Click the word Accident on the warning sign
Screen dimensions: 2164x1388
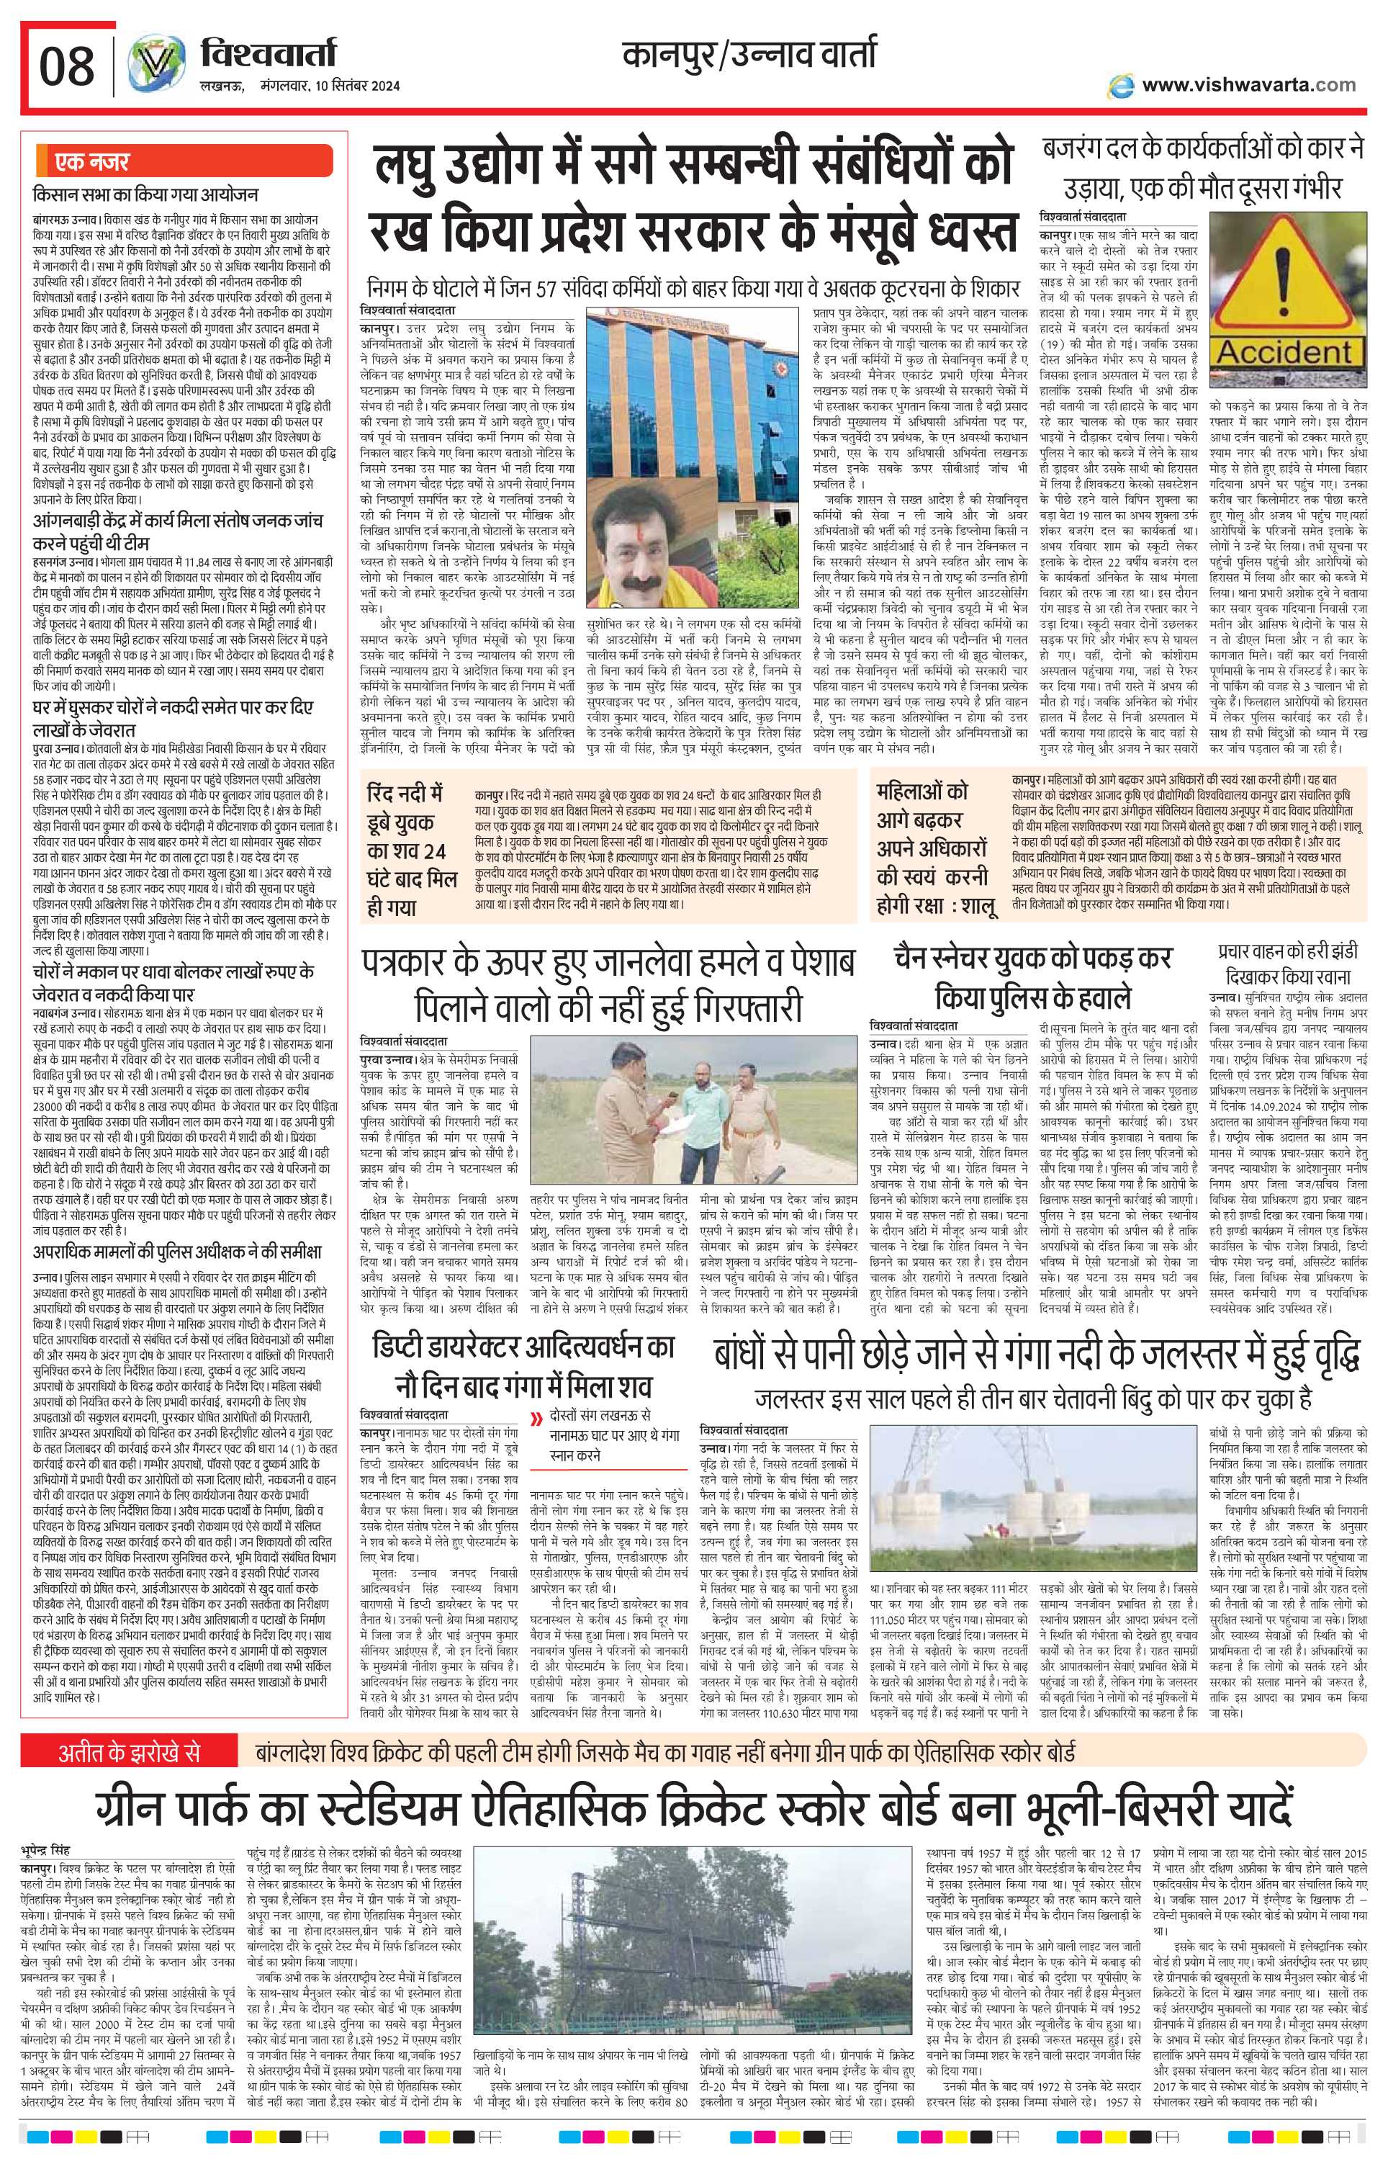[1284, 351]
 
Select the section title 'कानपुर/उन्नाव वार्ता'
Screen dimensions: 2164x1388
[748, 57]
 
